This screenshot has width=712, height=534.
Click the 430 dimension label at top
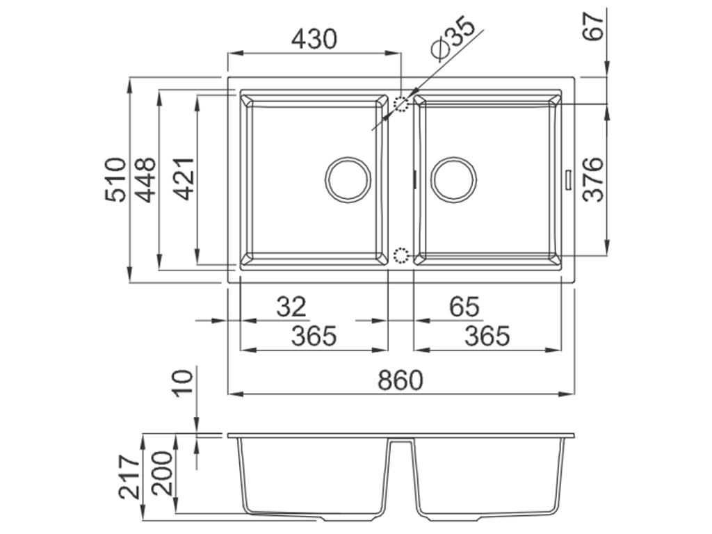point(314,39)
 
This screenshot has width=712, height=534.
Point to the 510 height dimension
point(116,179)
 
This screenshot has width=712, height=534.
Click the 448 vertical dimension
point(146,179)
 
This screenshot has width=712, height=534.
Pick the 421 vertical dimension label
point(184,179)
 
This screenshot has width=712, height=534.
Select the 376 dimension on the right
point(592,179)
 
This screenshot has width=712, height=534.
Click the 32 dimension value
point(291,307)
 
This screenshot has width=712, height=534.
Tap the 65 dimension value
point(464,307)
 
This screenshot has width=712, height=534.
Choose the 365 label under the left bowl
point(314,337)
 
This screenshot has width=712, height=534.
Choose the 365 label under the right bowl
point(487,337)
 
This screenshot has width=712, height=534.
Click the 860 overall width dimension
point(400,380)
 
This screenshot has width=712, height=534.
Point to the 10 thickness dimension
point(182,382)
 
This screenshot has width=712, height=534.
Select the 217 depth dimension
point(129,477)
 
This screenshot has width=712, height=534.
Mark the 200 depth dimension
point(161,473)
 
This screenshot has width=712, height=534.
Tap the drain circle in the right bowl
point(453,178)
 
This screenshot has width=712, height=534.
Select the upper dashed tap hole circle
point(401,105)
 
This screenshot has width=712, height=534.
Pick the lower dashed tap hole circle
point(401,254)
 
